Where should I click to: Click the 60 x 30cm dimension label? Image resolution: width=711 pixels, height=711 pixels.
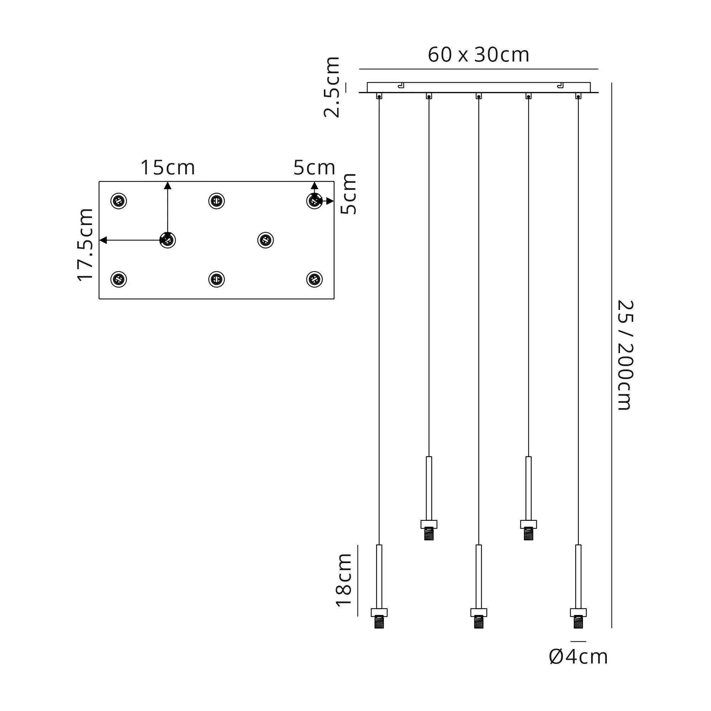[479, 55]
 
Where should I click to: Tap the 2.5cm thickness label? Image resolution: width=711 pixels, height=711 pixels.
[332, 87]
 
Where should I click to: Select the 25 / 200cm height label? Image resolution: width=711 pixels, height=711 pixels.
[625, 355]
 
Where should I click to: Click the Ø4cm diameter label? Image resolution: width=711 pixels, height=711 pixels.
[578, 657]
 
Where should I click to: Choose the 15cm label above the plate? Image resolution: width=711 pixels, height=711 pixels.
[167, 167]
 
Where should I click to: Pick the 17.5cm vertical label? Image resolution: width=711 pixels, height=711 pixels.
[85, 245]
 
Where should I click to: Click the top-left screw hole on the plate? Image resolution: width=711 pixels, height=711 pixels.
[118, 201]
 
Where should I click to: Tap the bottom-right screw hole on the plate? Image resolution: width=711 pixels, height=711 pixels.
[314, 279]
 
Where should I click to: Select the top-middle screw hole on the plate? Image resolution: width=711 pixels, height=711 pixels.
[216, 201]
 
